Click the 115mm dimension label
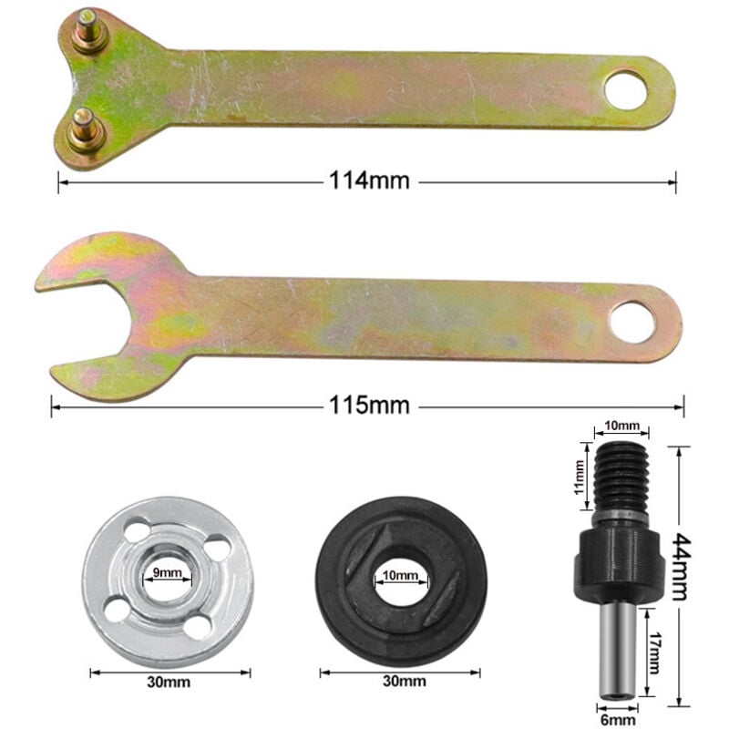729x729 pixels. [x=366, y=404]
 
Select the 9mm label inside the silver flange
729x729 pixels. [x=166, y=574]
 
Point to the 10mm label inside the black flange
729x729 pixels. [x=401, y=576]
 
